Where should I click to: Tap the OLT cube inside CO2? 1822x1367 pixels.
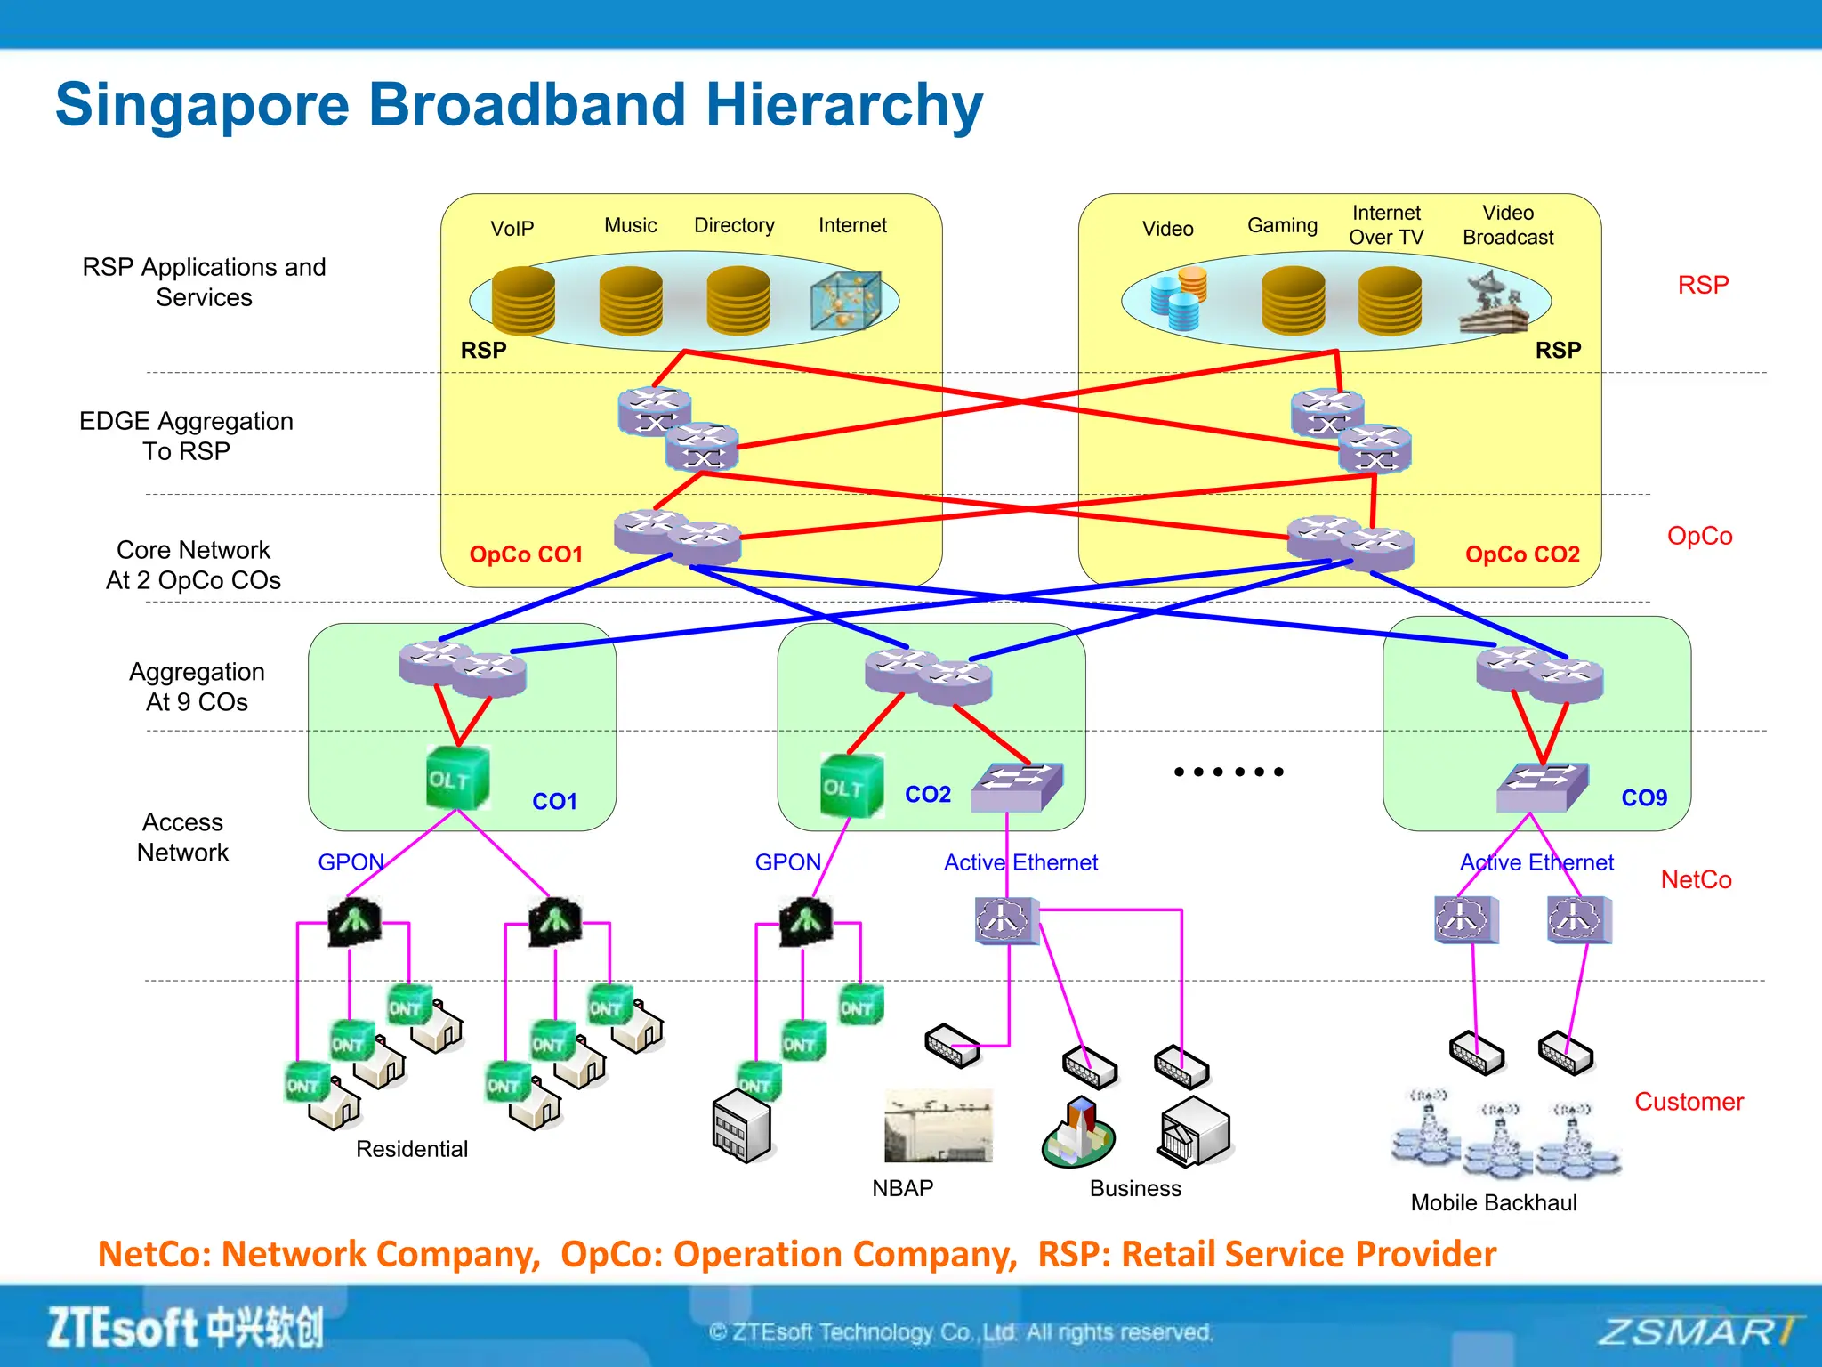tap(851, 786)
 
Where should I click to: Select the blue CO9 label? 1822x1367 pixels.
tap(1644, 798)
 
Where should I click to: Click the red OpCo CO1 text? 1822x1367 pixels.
tap(526, 554)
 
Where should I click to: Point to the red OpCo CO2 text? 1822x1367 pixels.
tap(1522, 554)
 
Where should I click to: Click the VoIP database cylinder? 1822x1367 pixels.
tap(523, 300)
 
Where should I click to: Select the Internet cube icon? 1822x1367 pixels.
tap(845, 301)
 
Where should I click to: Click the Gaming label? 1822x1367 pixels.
tap(1282, 226)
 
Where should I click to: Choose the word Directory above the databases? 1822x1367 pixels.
tap(734, 226)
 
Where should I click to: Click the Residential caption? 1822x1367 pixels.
tap(412, 1149)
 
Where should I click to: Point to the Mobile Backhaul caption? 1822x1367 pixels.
tap(1494, 1203)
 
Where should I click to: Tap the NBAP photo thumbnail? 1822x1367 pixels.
tap(938, 1127)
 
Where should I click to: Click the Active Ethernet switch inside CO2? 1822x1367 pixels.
tap(1016, 788)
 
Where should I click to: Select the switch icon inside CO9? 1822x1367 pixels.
tap(1542, 788)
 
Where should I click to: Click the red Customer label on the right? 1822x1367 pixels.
tap(1689, 1102)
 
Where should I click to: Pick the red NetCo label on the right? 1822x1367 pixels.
tap(1696, 880)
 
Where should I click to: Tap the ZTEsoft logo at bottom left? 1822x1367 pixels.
tap(185, 1328)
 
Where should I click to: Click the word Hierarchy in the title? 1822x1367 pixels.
tap(844, 105)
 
